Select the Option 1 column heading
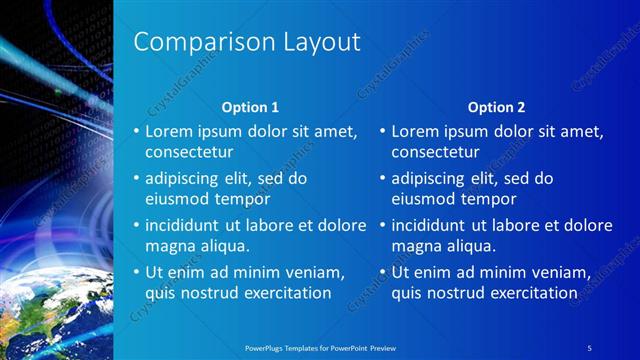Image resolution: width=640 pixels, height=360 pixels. click(x=250, y=107)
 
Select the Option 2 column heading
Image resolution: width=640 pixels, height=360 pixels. click(x=496, y=107)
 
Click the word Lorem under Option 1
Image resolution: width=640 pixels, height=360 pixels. click(x=170, y=131)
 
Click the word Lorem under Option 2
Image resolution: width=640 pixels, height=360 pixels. click(x=416, y=131)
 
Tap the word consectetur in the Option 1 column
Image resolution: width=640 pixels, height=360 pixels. click(x=189, y=153)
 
